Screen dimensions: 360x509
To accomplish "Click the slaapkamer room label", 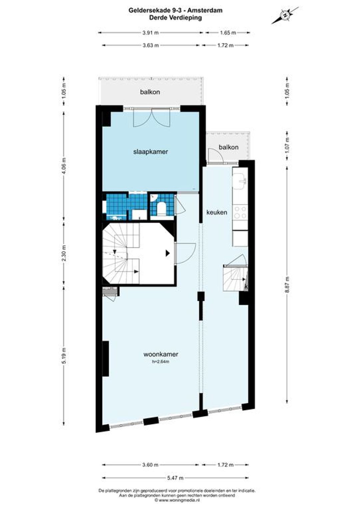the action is pos(150,152).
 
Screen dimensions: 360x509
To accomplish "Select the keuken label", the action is pos(217,212).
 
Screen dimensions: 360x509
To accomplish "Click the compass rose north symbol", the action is pos(285,15).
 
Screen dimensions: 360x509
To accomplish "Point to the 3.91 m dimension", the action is pos(150,33).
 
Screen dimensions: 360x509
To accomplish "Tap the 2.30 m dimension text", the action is pos(64,253).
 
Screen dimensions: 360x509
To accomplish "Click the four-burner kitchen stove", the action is pos(240,212).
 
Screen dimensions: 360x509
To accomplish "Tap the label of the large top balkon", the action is pos(150,92).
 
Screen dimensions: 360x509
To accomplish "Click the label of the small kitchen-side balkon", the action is pos(229,147).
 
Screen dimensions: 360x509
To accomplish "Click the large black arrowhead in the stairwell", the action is pos(168,253).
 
